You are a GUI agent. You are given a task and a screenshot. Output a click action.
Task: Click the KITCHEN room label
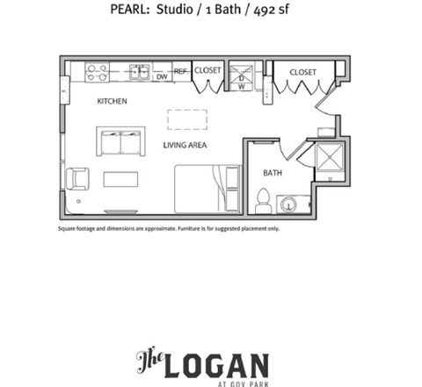tap(112, 102)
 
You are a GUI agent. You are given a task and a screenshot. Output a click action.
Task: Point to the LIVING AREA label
tap(185, 144)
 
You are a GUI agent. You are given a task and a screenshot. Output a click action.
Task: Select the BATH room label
tap(272, 173)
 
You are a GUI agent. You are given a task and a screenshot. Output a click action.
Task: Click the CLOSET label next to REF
tap(207, 71)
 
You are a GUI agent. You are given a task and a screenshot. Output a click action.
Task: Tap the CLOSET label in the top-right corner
tap(302, 71)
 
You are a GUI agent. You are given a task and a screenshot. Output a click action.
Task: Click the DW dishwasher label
tap(162, 76)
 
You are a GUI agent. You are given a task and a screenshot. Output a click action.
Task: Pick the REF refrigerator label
tap(181, 72)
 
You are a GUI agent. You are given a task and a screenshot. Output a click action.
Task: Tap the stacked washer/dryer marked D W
tap(241, 75)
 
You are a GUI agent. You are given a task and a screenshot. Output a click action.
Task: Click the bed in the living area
tap(207, 188)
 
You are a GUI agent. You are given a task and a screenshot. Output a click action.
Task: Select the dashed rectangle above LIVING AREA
tap(187, 119)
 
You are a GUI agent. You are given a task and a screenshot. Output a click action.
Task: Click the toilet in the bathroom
tap(263, 199)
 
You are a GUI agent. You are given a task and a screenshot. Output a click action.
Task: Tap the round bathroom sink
tap(289, 204)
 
